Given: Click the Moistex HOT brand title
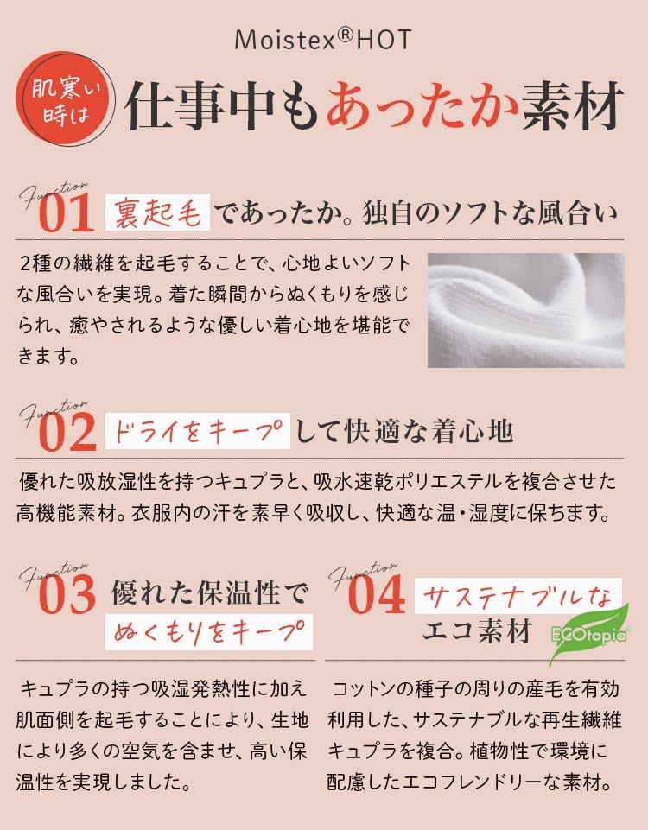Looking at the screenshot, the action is [323, 40].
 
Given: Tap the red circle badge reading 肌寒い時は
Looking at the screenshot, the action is [66, 99].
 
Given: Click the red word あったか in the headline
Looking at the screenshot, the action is [422, 105].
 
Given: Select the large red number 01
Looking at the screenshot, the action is [67, 212].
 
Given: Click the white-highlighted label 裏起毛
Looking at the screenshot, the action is [158, 212].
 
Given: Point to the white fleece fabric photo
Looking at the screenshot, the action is [525, 310].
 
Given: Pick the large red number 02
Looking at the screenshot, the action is [67, 433].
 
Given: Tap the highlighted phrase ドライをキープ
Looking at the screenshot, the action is [198, 431].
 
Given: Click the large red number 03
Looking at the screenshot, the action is [67, 595].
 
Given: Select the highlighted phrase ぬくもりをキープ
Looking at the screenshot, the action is [209, 632].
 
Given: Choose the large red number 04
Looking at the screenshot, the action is [377, 595].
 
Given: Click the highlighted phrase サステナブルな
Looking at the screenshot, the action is [518, 596].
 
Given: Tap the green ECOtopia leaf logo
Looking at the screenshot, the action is [589, 633].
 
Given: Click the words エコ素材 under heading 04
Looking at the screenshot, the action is [478, 631].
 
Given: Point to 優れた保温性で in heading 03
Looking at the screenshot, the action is [210, 592].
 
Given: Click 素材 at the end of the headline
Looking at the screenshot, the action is [573, 105].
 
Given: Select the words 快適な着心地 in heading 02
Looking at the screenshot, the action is [429, 431].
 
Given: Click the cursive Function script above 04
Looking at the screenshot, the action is [363, 575].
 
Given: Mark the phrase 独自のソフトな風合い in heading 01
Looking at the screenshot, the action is [490, 212].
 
